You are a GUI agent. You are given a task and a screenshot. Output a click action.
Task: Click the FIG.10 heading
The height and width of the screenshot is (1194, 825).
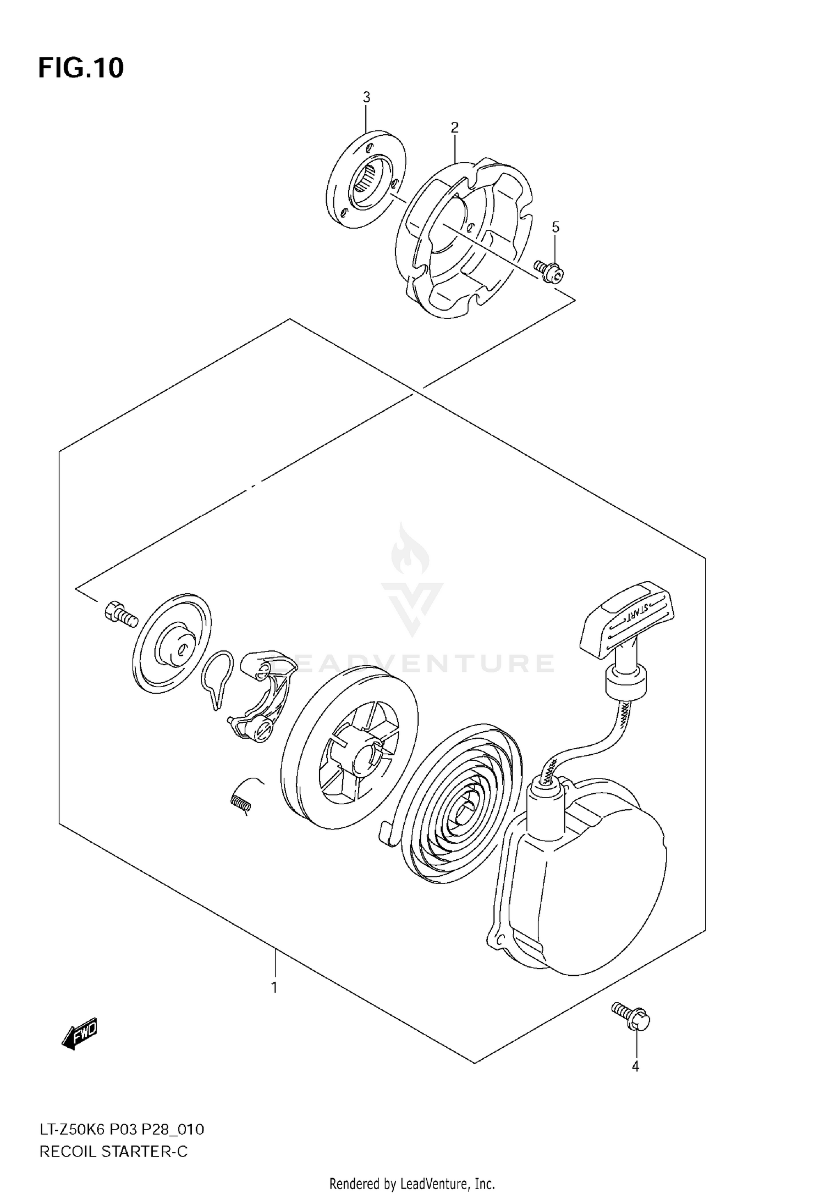click(81, 68)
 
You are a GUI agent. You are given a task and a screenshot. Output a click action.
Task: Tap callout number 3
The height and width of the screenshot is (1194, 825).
click(366, 98)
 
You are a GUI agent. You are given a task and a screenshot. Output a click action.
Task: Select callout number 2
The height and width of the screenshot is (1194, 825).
click(454, 128)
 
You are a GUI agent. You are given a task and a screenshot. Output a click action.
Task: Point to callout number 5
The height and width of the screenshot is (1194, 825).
click(555, 227)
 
